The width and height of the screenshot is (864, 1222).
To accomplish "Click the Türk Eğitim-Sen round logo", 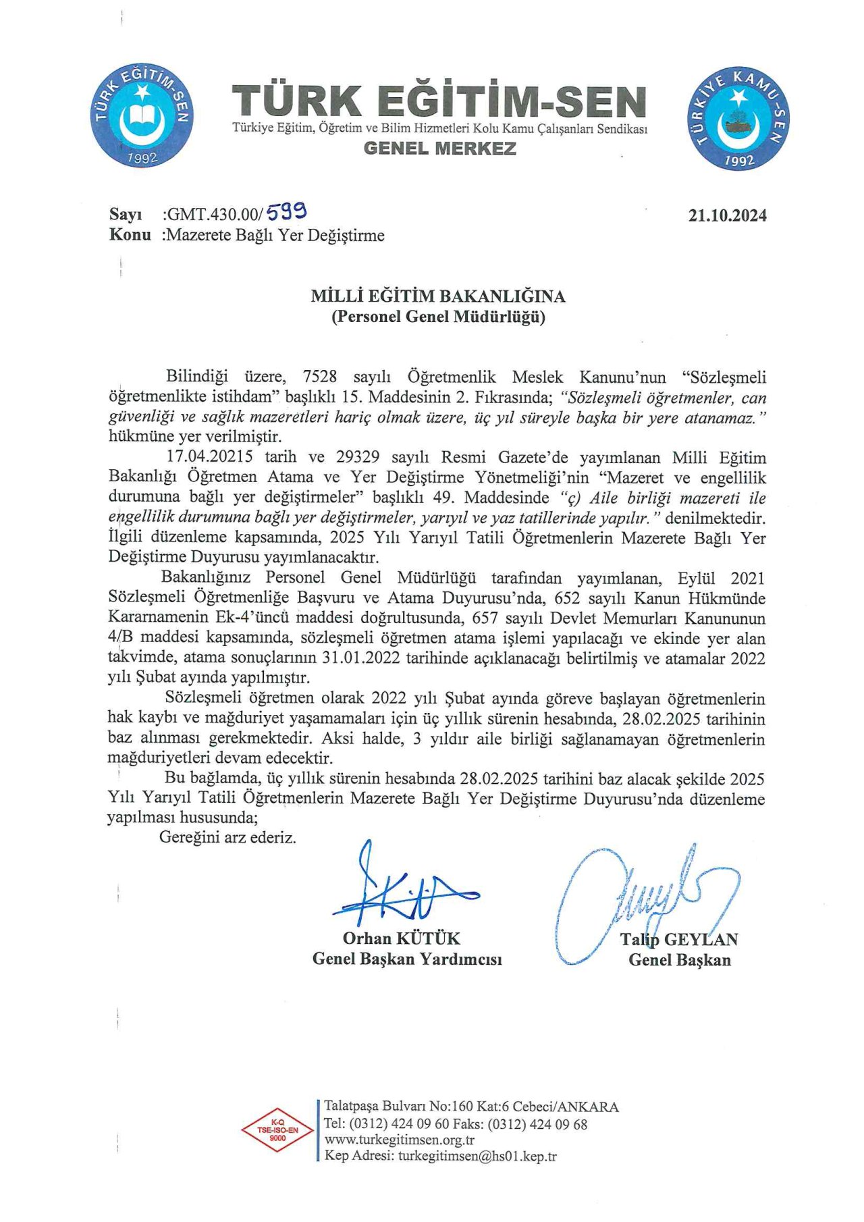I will (x=142, y=115).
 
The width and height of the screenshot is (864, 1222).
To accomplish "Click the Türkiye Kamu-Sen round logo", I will (x=738, y=117).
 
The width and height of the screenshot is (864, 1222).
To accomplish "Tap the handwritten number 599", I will (x=287, y=213).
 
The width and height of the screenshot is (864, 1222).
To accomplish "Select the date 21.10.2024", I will (x=727, y=215).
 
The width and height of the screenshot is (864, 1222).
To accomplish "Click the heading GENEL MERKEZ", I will (x=439, y=149).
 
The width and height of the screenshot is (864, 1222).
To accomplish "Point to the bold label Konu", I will (x=130, y=235).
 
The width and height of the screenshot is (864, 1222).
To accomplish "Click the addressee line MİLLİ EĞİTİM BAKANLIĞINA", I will (x=438, y=296).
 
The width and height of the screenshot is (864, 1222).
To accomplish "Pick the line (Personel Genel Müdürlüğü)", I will (x=438, y=317).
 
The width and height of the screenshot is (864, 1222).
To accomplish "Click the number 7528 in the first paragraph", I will (x=319, y=377).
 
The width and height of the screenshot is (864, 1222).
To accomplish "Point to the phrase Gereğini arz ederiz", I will (x=227, y=838).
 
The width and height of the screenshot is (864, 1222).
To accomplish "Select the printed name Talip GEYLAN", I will (x=679, y=939).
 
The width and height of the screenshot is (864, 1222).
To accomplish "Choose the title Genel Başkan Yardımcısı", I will (x=407, y=959).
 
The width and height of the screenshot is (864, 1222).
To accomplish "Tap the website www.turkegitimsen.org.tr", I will (x=400, y=1140).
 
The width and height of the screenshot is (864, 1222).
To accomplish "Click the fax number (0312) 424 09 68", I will (x=537, y=1124).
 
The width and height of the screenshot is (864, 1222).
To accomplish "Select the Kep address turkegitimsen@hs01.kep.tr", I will (x=477, y=1156).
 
